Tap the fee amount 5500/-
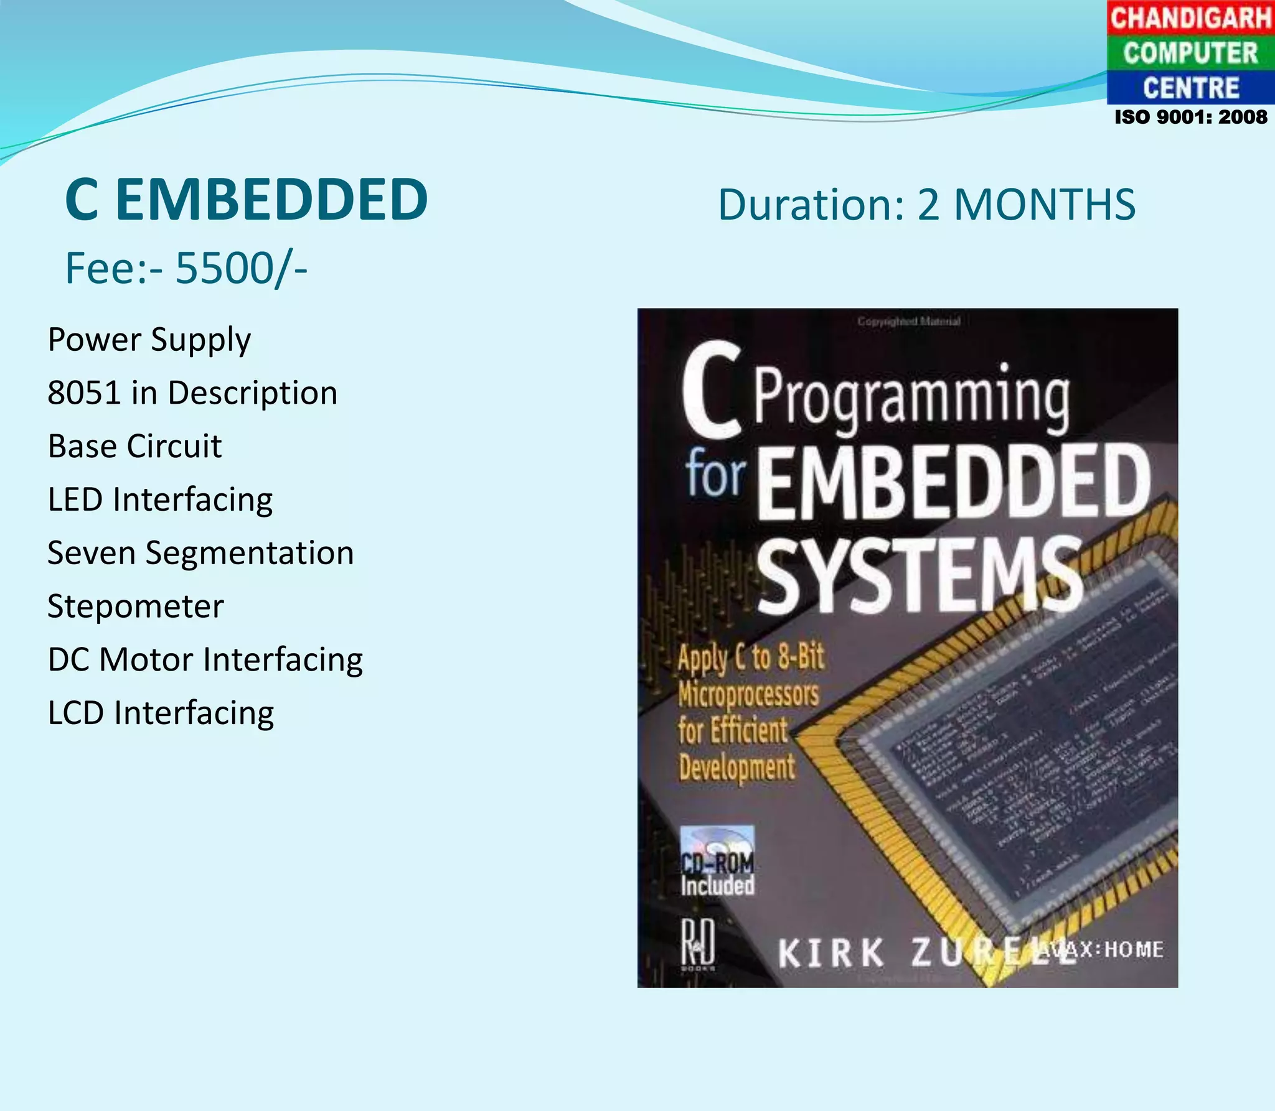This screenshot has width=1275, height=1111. (x=241, y=268)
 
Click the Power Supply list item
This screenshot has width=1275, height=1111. (x=149, y=340)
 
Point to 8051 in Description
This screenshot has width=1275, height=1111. (x=192, y=393)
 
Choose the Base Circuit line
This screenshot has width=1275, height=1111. (x=134, y=446)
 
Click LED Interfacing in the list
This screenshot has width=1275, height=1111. (x=160, y=500)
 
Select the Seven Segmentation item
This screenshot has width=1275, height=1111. (x=200, y=553)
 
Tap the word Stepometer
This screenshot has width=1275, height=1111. (x=136, y=607)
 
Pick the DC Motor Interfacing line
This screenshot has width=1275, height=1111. (x=205, y=659)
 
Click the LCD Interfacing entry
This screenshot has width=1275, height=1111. (x=161, y=713)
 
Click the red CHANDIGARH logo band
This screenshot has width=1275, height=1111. (x=1190, y=17)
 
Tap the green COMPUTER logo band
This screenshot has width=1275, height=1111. (x=1190, y=53)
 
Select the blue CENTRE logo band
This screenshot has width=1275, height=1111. (x=1190, y=88)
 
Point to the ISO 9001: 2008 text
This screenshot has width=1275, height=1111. (x=1190, y=117)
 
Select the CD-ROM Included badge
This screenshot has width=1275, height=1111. (x=717, y=862)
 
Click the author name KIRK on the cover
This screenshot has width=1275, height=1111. (x=830, y=952)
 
